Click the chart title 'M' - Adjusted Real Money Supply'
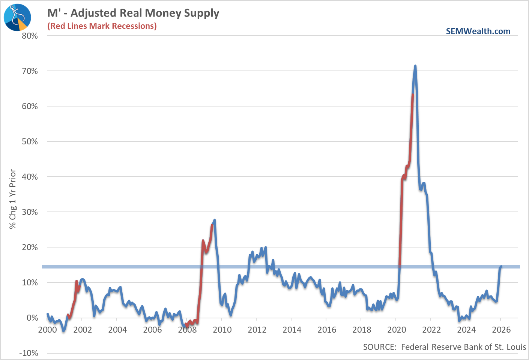pos(133,13)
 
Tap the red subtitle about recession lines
pos(102,26)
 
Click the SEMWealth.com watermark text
pos(478,31)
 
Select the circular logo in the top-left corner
pos(17,17)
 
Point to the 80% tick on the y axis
pos(30,36)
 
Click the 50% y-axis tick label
pos(30,142)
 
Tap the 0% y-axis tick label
pos(32,318)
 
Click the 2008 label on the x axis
pos(187,330)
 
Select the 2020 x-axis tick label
pos(396,330)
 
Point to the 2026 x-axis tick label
pos(501,330)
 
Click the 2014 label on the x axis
pos(292,330)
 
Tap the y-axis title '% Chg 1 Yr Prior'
pos(13,199)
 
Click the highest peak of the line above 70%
pos(415,66)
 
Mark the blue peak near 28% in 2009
pos(214,220)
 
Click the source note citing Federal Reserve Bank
pos(444,347)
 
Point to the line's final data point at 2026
pos(500,267)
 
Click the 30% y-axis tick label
pos(30,212)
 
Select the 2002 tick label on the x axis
pos(82,330)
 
